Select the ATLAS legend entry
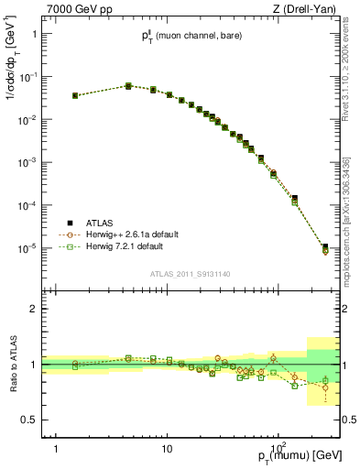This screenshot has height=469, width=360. pos(96,223)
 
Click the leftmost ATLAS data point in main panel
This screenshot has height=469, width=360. pos(75,95)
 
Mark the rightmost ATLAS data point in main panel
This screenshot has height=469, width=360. pos(325,246)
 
